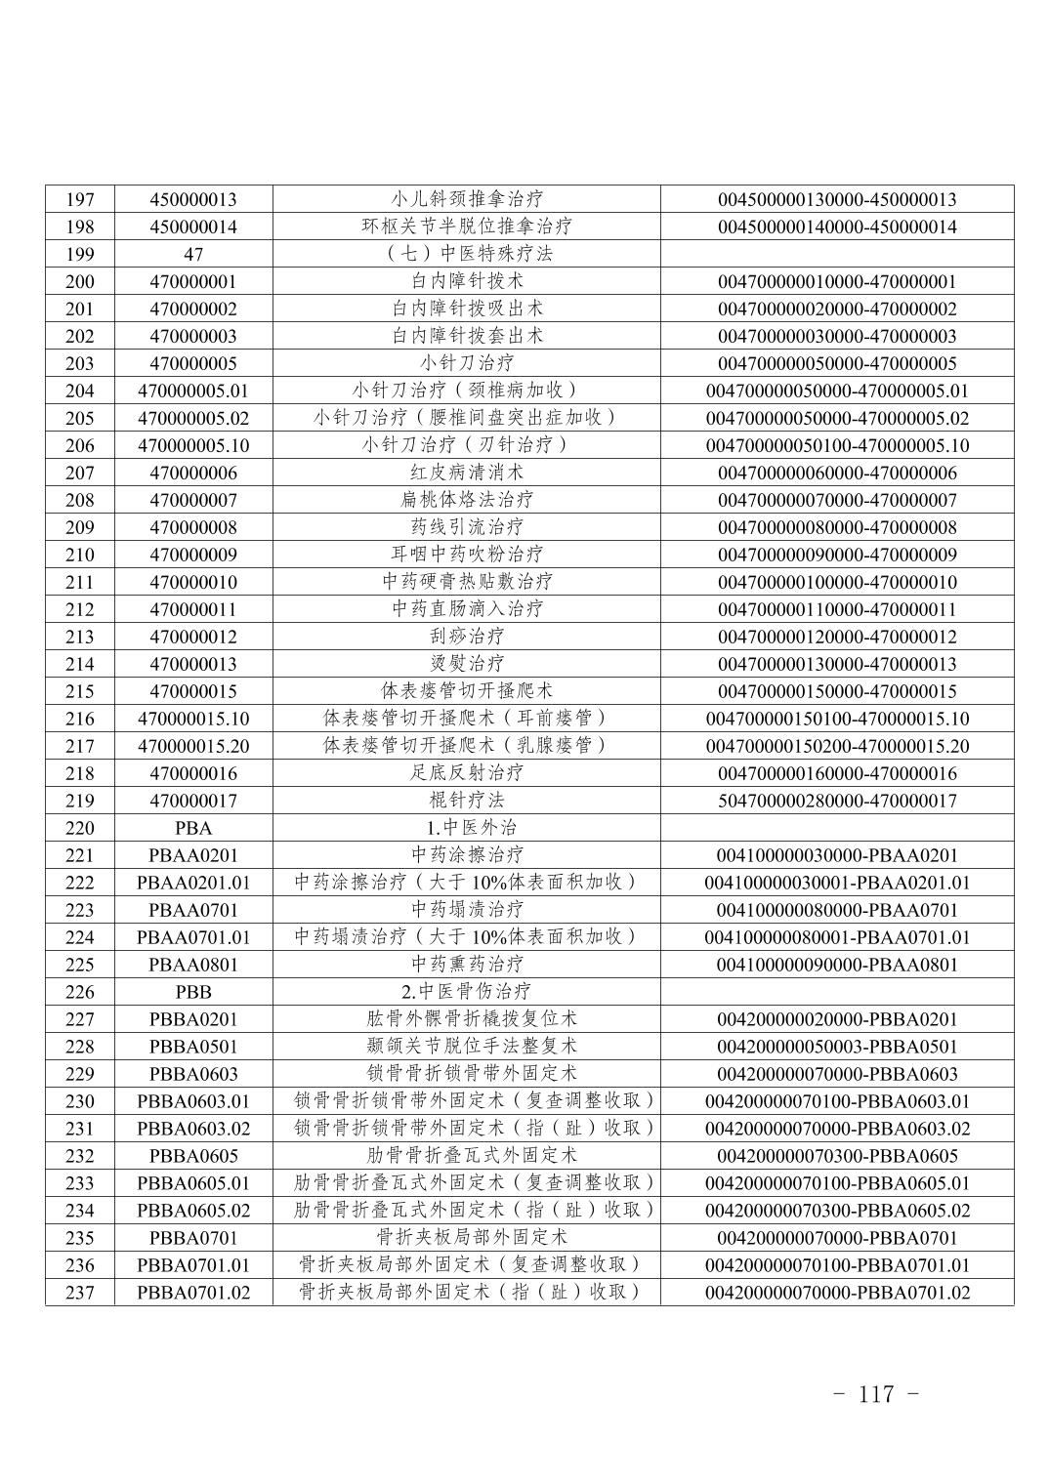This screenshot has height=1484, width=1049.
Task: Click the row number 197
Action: [79, 199]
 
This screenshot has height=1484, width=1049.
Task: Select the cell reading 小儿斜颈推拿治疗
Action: [467, 199]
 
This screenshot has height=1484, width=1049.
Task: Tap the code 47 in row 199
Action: [193, 254]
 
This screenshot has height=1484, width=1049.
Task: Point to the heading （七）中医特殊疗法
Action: [467, 254]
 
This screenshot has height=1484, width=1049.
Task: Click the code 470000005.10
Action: [193, 445]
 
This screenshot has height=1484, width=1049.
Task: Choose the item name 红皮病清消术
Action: [467, 473]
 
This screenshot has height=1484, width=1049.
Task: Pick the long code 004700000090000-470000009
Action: [837, 555]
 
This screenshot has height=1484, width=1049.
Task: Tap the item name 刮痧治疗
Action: [467, 637]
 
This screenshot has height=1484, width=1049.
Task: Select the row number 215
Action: [79, 691]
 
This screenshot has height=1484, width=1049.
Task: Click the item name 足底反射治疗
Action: [467, 773]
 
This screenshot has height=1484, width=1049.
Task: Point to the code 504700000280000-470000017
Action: [837, 801]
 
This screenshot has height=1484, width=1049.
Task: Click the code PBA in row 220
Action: [193, 828]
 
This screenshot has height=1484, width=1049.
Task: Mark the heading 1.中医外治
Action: [467, 828]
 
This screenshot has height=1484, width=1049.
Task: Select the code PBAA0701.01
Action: [193, 937]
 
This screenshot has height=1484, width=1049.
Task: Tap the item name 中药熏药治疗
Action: [467, 965]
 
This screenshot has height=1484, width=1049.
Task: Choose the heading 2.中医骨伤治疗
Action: [467, 992]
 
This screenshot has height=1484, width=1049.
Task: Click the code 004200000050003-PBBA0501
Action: [837, 1047]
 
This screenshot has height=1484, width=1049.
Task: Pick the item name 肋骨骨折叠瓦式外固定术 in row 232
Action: [467, 1156]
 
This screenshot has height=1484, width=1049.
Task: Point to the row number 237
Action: [79, 1293]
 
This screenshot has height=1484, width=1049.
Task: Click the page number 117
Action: [876, 1394]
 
